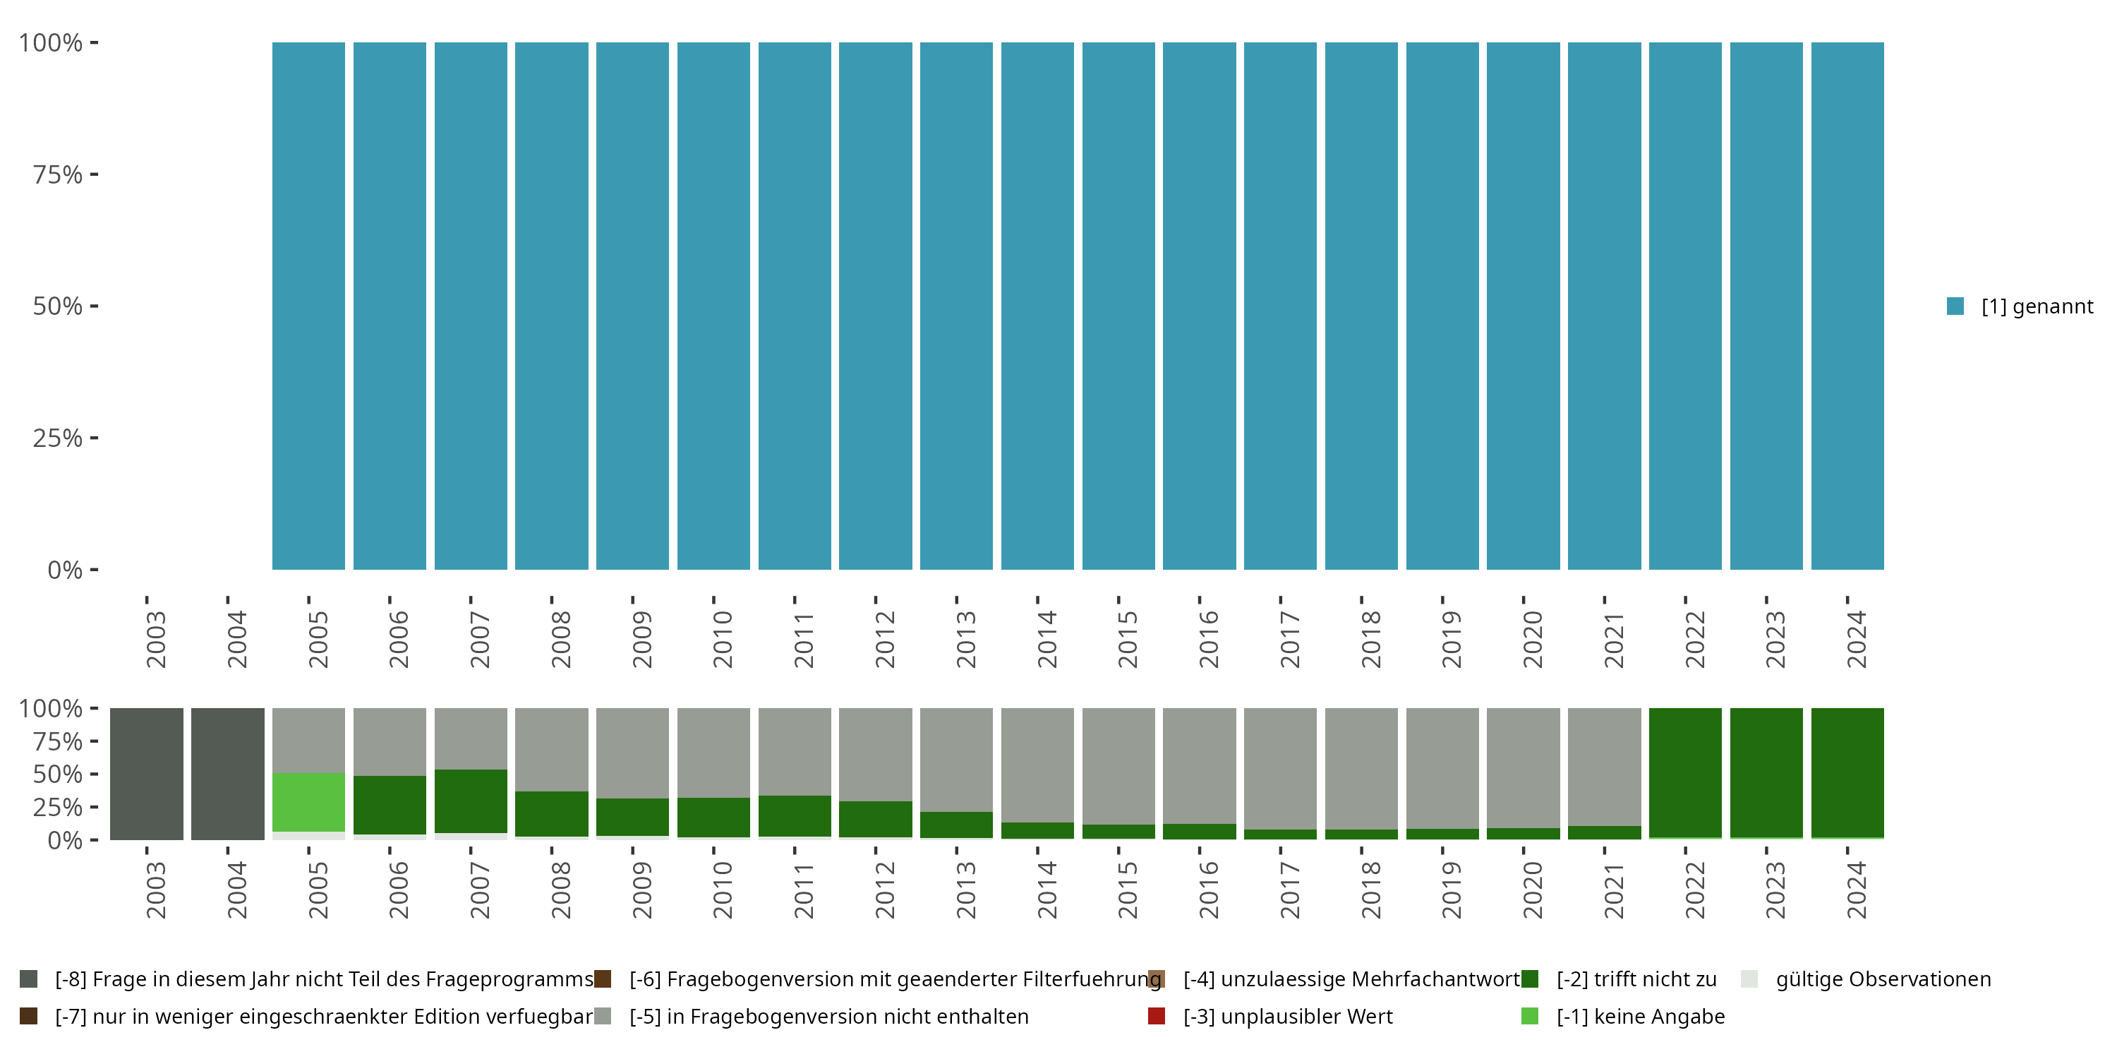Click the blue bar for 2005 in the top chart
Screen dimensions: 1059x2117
click(308, 306)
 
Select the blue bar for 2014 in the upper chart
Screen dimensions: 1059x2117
click(1037, 306)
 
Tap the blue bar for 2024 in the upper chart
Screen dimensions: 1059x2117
click(1847, 306)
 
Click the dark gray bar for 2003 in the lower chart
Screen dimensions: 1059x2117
click(146, 774)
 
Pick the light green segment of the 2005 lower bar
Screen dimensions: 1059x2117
click(308, 801)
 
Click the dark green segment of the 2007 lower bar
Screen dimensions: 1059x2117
click(470, 801)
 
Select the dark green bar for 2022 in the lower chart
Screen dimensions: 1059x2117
click(1684, 772)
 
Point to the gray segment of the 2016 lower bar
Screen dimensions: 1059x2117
click(1199, 765)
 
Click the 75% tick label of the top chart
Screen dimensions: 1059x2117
click(58, 174)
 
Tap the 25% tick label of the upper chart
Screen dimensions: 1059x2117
click(58, 438)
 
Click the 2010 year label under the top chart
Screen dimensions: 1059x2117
click(723, 640)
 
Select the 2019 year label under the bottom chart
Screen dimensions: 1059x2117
click(1452, 890)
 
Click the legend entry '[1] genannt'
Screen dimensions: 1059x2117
click(2037, 306)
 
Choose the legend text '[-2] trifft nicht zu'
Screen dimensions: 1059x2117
click(1636, 979)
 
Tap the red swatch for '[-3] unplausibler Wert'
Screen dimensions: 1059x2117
click(1157, 1016)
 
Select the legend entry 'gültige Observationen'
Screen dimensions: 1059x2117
click(1883, 979)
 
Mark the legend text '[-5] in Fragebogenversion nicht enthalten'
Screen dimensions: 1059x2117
click(828, 1016)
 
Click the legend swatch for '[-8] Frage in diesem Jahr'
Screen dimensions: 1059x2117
click(29, 979)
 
